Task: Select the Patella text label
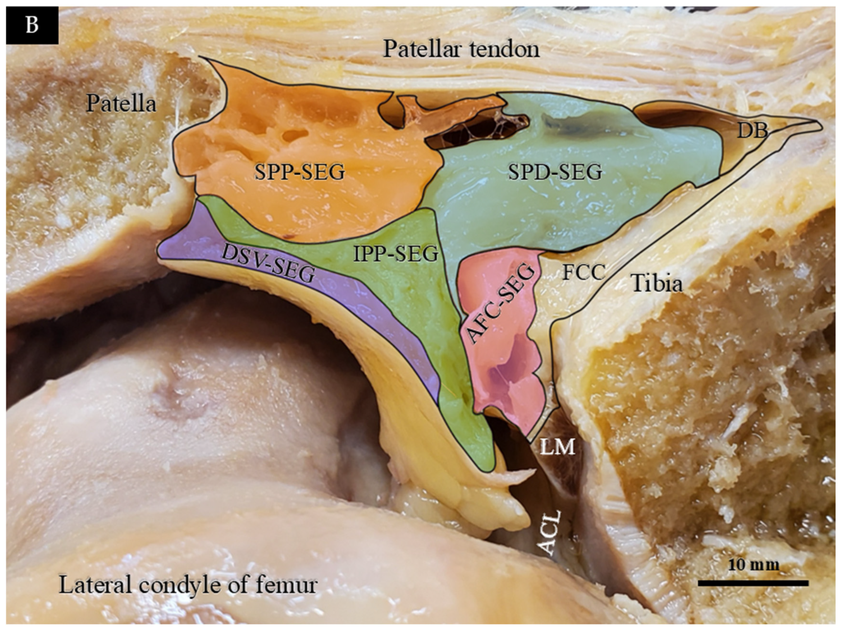point(121,103)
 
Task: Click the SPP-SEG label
point(300,172)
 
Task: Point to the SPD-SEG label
point(555,172)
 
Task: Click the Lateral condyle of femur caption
point(188,585)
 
